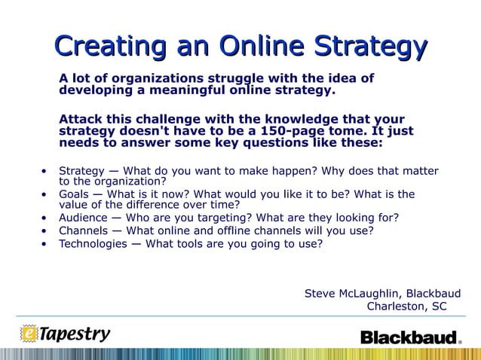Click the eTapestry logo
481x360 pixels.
pos(66,333)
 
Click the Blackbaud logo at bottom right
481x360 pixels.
pos(410,337)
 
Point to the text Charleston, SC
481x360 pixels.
pos(406,306)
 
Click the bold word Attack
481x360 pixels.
pos(81,119)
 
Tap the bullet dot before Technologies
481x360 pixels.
pos(44,243)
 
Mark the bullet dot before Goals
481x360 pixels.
pos(44,194)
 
